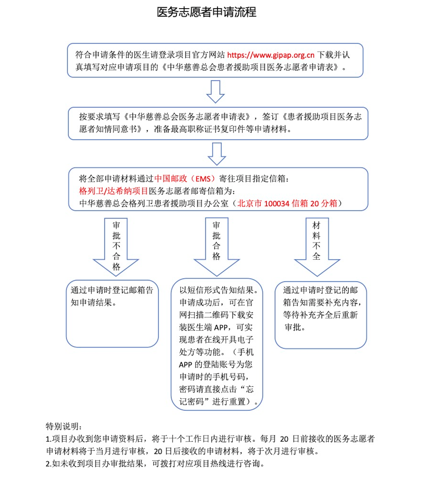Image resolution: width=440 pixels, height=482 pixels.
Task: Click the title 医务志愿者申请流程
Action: (207, 12)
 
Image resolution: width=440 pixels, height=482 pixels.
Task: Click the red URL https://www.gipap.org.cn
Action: (271, 55)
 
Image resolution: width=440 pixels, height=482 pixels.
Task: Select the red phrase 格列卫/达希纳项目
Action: (113, 191)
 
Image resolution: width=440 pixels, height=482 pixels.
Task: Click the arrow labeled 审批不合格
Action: (116, 247)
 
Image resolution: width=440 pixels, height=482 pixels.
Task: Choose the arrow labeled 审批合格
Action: (217, 247)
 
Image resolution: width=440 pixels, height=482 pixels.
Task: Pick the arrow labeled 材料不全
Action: (317, 247)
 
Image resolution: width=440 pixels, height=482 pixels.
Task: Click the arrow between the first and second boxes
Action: (215, 92)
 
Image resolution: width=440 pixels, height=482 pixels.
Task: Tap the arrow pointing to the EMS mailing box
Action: (217, 154)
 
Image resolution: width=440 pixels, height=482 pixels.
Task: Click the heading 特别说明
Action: (63, 426)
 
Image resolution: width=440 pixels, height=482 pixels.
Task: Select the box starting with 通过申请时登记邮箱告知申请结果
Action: (112, 313)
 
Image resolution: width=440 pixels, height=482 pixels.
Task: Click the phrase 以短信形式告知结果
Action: (216, 290)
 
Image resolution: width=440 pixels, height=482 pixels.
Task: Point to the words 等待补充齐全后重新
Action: (320, 315)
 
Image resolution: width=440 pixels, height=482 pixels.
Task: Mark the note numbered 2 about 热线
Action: (155, 464)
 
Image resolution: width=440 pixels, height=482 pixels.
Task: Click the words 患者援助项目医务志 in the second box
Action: (324, 117)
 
